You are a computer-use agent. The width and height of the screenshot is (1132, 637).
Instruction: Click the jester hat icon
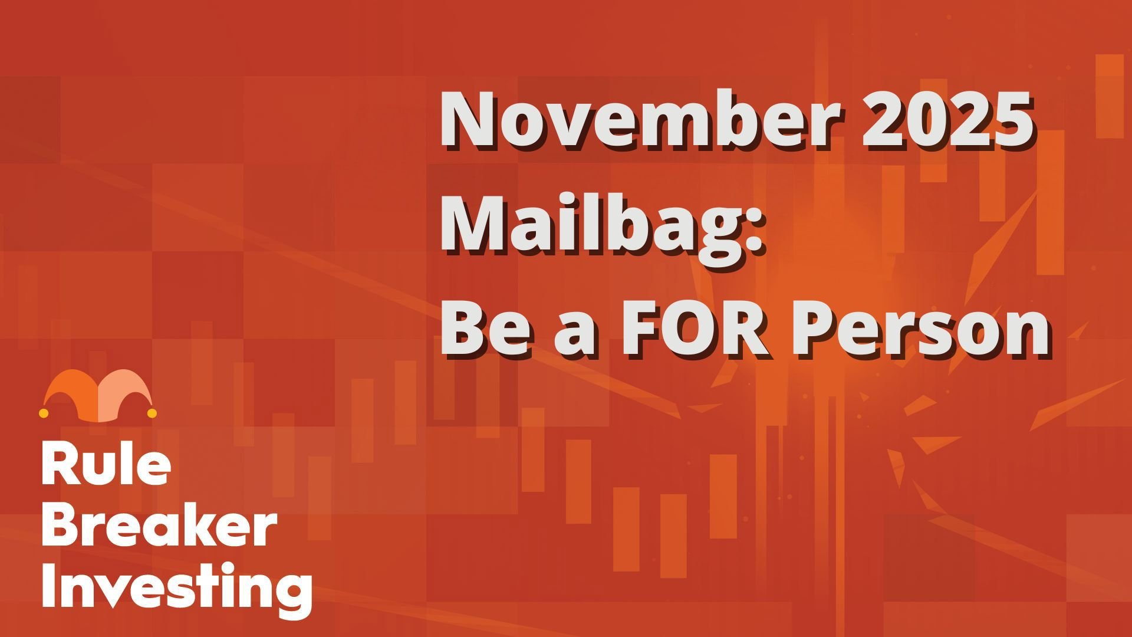98,396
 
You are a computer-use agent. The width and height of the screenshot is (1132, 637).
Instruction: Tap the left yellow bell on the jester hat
44,413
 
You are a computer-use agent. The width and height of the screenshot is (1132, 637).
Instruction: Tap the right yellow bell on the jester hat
152,413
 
